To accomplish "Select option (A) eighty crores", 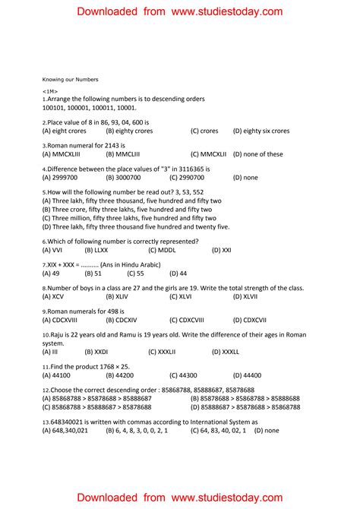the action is pyautogui.click(x=65, y=131).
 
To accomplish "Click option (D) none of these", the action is pyautogui.click(x=257, y=154).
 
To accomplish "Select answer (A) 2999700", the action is pyautogui.click(x=60, y=178).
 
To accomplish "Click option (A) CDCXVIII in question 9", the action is pyautogui.click(x=66, y=321).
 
